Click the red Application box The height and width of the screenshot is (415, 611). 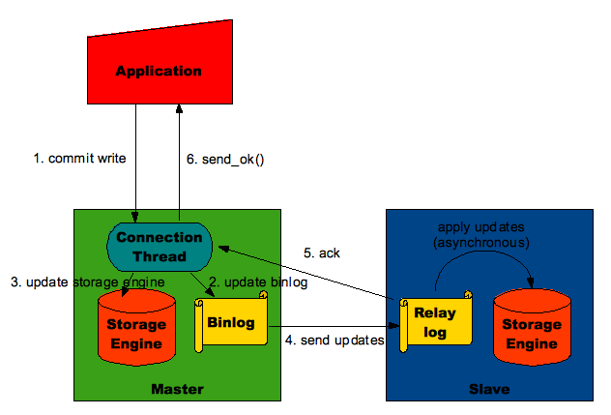159,70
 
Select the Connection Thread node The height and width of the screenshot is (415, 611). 159,246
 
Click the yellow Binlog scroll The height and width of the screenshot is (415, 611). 230,323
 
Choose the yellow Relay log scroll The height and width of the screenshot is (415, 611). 434,322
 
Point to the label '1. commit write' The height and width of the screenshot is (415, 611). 73,157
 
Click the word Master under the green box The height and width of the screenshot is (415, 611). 175,389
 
